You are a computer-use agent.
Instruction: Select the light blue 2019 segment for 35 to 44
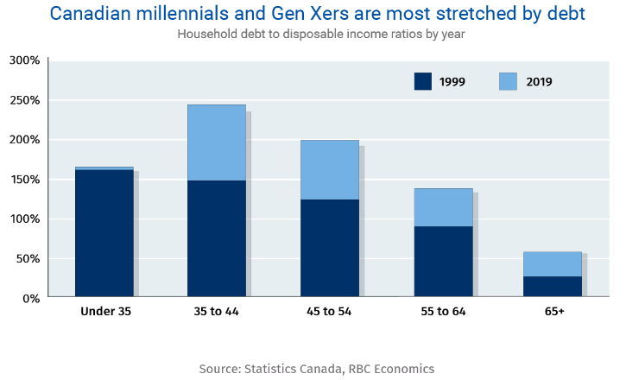217,142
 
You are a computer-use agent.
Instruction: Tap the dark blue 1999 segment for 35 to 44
217,238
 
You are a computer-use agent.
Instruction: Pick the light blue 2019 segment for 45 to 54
330,169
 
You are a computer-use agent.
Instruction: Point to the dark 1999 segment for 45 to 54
330,249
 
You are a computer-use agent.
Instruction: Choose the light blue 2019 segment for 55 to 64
443,207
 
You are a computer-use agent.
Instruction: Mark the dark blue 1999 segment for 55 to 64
443,262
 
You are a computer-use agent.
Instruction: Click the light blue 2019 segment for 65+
553,263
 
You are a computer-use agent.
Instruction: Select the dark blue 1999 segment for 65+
553,287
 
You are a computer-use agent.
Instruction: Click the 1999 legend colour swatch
423,81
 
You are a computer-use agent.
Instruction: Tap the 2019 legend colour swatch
509,81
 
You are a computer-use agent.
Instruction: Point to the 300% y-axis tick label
24,60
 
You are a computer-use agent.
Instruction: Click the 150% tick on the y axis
24,180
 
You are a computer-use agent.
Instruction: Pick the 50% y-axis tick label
28,259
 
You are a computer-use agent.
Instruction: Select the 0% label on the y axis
31,299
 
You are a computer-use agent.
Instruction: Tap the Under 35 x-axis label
105,311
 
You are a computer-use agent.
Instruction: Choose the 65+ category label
553,311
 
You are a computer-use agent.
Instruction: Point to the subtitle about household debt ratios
313,35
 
